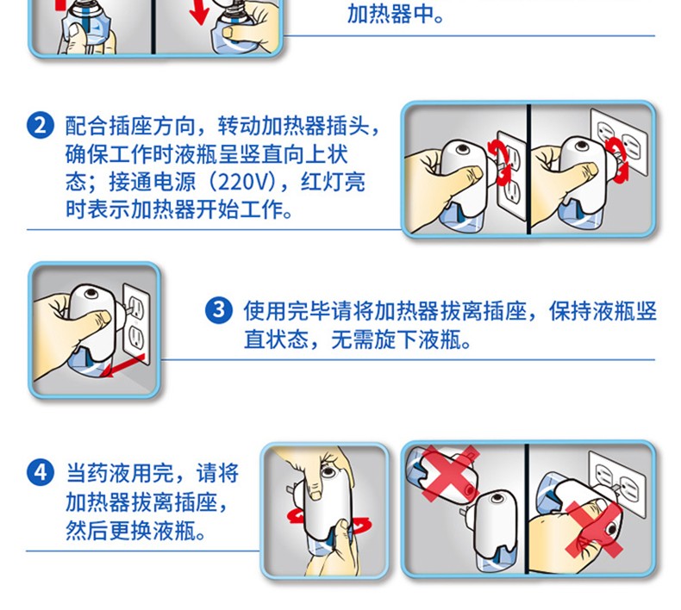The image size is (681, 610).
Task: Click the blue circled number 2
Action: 41,126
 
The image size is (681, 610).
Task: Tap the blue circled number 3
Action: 218,310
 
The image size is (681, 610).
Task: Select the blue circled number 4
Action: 41,472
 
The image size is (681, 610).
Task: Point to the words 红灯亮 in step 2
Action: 333,182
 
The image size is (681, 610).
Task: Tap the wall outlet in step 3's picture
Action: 136,322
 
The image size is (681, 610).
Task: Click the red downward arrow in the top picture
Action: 200,12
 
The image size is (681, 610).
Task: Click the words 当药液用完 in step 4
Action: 120,473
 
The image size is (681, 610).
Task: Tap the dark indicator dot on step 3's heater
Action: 91,293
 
